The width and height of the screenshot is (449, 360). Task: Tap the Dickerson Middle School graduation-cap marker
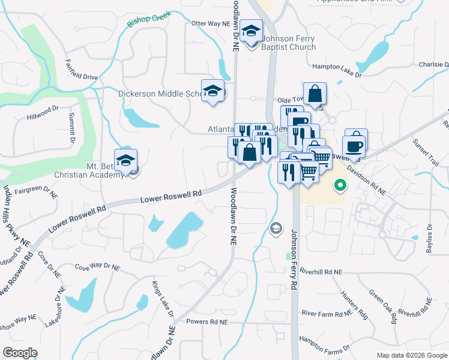212,92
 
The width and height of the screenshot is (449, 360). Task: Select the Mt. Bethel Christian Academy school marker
125,161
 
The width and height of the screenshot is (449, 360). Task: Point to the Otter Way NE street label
211,23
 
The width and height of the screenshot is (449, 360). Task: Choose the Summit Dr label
71,128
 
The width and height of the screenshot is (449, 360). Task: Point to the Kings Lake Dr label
162,299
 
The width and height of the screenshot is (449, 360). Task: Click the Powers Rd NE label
208,322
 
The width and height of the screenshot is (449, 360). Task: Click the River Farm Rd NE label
326,313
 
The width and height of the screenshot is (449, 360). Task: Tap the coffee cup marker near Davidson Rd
354,146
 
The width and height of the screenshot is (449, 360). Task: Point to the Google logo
20,353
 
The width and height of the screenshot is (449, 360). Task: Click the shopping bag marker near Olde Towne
315,94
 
